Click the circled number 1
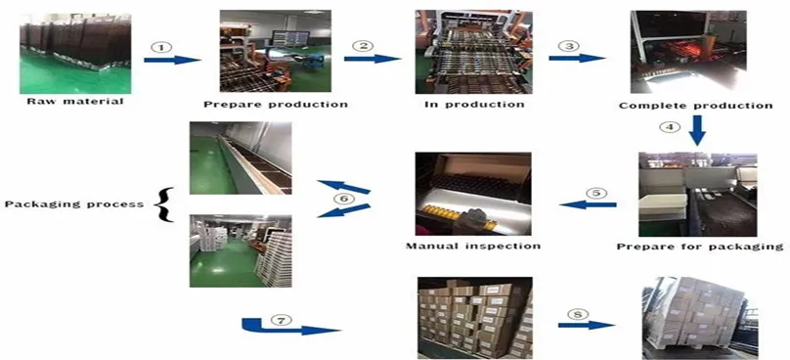tap(161, 46)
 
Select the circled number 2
tap(363, 46)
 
